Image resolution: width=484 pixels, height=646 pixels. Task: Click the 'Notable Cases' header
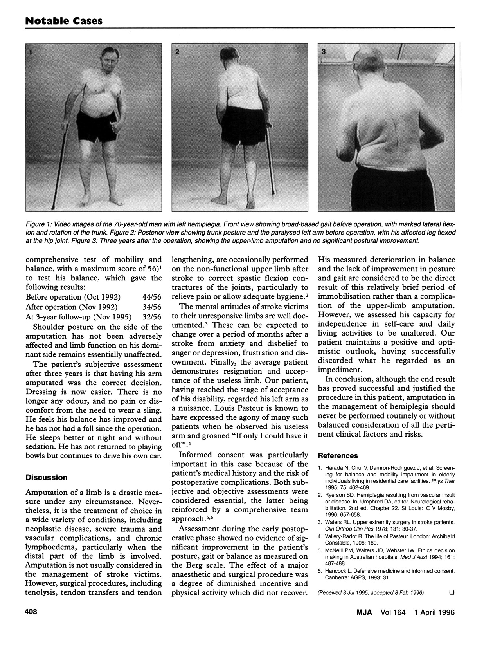(64, 20)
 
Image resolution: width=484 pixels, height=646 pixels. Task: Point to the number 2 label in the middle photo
(177, 52)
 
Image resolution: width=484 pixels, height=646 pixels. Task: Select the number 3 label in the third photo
(324, 51)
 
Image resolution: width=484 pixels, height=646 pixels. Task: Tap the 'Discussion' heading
(47, 478)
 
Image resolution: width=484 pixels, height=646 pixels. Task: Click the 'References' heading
(338, 456)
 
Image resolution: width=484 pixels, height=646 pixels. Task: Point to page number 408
(31, 612)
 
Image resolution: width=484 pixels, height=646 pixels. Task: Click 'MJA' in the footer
(363, 612)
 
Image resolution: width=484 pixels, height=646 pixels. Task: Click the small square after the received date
(452, 592)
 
